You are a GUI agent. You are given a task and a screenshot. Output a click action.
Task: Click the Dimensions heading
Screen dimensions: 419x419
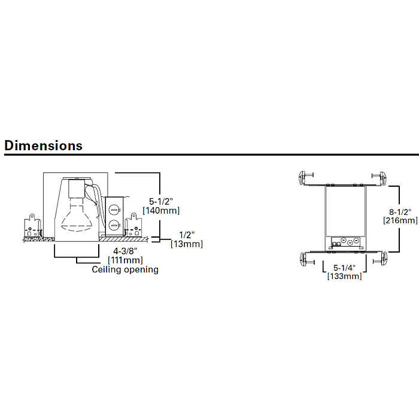tap(43, 145)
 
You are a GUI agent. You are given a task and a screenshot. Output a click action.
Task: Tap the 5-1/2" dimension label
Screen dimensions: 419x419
tap(161, 201)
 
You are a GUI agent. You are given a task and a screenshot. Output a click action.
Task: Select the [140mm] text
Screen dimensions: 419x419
tap(161, 211)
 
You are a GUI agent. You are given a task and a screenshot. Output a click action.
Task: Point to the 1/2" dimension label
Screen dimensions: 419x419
tap(187, 235)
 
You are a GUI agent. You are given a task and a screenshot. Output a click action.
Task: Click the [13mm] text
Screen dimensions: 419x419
tap(187, 244)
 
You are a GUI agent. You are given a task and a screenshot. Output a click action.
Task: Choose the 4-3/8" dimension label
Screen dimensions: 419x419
tap(125, 251)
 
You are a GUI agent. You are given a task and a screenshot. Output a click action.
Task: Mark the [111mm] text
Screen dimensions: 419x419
tap(125, 260)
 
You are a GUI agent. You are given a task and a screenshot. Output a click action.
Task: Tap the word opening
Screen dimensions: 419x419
tap(141, 269)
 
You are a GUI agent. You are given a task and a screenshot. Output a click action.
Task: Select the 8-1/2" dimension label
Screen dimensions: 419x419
tap(400, 212)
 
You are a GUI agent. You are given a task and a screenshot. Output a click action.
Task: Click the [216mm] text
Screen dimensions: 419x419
tap(400, 220)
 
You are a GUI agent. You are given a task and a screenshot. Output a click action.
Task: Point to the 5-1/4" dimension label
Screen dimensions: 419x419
tap(344, 268)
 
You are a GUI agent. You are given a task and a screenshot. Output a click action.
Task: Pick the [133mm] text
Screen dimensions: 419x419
tap(344, 276)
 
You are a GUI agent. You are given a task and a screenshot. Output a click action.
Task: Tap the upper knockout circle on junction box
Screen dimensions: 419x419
tap(114, 209)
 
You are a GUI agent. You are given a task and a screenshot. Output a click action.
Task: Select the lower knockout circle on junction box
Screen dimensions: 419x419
tap(114, 224)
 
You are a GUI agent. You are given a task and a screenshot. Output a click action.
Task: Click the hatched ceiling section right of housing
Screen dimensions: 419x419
tap(123, 239)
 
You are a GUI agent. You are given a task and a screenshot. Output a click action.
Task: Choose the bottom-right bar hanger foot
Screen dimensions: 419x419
tap(384, 259)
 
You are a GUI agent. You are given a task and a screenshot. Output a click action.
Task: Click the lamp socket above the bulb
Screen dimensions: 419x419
tap(77, 189)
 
